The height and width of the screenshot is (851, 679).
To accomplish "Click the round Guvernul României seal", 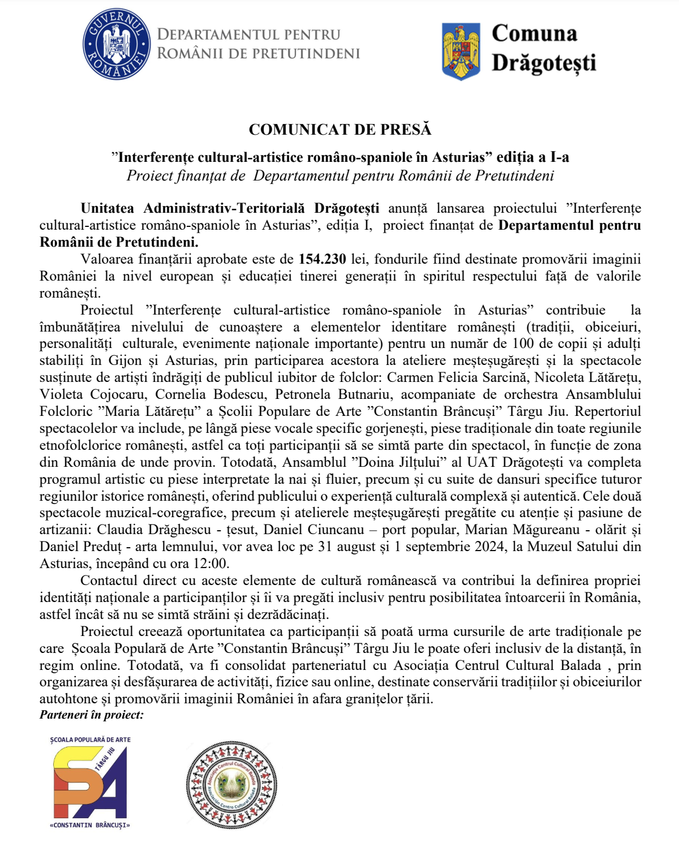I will (117, 45).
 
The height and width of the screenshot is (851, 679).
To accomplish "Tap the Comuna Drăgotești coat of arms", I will (461, 51).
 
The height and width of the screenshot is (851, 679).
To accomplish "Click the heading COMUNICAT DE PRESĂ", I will (340, 130).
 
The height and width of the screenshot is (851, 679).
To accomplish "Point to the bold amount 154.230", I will (323, 259).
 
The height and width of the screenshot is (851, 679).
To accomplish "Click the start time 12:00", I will (210, 564).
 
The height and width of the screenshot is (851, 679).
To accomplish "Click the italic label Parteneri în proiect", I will (92, 715).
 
